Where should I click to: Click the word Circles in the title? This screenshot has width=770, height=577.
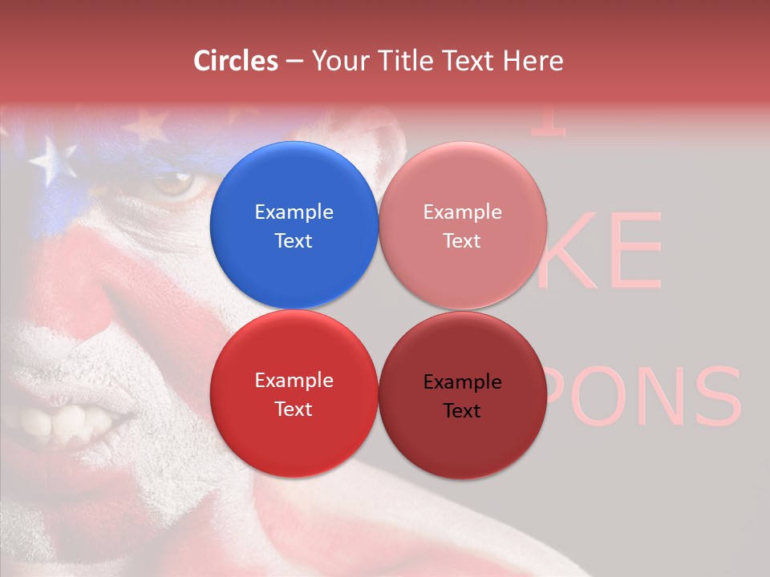[x=236, y=60]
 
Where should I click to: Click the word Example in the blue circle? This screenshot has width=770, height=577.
[x=294, y=212]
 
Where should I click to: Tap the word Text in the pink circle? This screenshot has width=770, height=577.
[x=462, y=240]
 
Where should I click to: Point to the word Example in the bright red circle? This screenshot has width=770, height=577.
[x=294, y=380]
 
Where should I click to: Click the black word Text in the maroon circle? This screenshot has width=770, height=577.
[x=462, y=410]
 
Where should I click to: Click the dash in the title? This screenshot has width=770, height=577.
[x=294, y=61]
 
